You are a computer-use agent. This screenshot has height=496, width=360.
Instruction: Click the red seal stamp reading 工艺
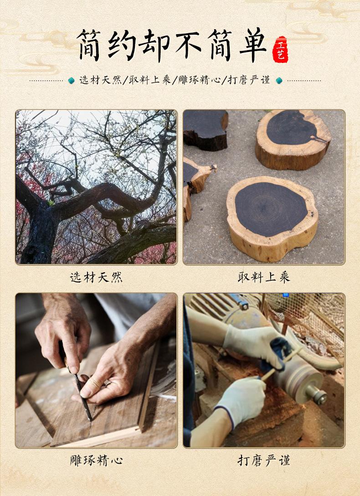coord(280,50)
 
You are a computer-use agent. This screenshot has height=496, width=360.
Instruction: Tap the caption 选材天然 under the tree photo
coord(96,278)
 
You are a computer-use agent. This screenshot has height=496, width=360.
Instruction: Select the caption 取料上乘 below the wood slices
coord(264,278)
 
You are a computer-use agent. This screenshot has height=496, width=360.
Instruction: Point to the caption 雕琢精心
coord(96,460)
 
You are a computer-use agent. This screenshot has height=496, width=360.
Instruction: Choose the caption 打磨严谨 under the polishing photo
coord(264,460)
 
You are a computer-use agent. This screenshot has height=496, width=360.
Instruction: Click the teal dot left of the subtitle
coord(72,80)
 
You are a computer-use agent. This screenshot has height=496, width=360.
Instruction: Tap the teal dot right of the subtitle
coord(279,80)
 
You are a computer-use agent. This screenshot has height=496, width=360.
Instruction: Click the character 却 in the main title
coord(154,45)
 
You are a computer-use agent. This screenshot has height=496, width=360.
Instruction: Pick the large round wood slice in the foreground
coord(272,218)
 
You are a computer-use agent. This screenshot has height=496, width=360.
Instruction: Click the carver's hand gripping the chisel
coord(63,332)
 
